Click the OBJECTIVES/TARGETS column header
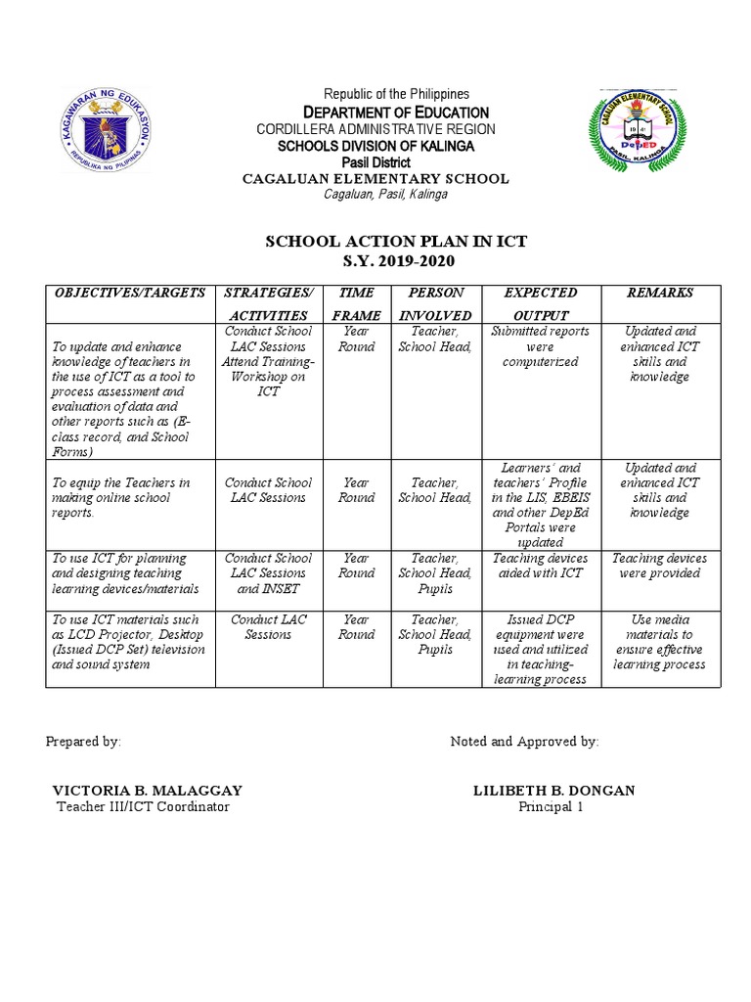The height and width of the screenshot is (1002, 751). [x=130, y=293]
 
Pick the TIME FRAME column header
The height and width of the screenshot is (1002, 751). [x=356, y=303]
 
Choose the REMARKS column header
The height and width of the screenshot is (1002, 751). [x=660, y=293]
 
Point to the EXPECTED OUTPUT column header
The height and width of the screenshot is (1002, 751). [x=540, y=303]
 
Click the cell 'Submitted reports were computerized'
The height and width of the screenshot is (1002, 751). [x=540, y=346]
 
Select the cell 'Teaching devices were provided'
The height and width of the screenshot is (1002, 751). [x=660, y=566]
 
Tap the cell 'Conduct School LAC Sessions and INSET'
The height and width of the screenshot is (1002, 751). [x=268, y=573]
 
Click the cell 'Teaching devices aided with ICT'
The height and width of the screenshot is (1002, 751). [x=540, y=566]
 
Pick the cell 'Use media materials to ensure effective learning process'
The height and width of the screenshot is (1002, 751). [x=660, y=642]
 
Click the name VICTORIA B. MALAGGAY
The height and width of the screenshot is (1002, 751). [x=147, y=790]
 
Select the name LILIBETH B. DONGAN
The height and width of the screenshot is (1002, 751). [x=553, y=790]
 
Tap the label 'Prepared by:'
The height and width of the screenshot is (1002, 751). [x=83, y=742]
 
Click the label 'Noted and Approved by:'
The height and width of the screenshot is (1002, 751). [x=524, y=742]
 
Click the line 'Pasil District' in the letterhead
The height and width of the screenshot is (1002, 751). [x=376, y=161]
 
